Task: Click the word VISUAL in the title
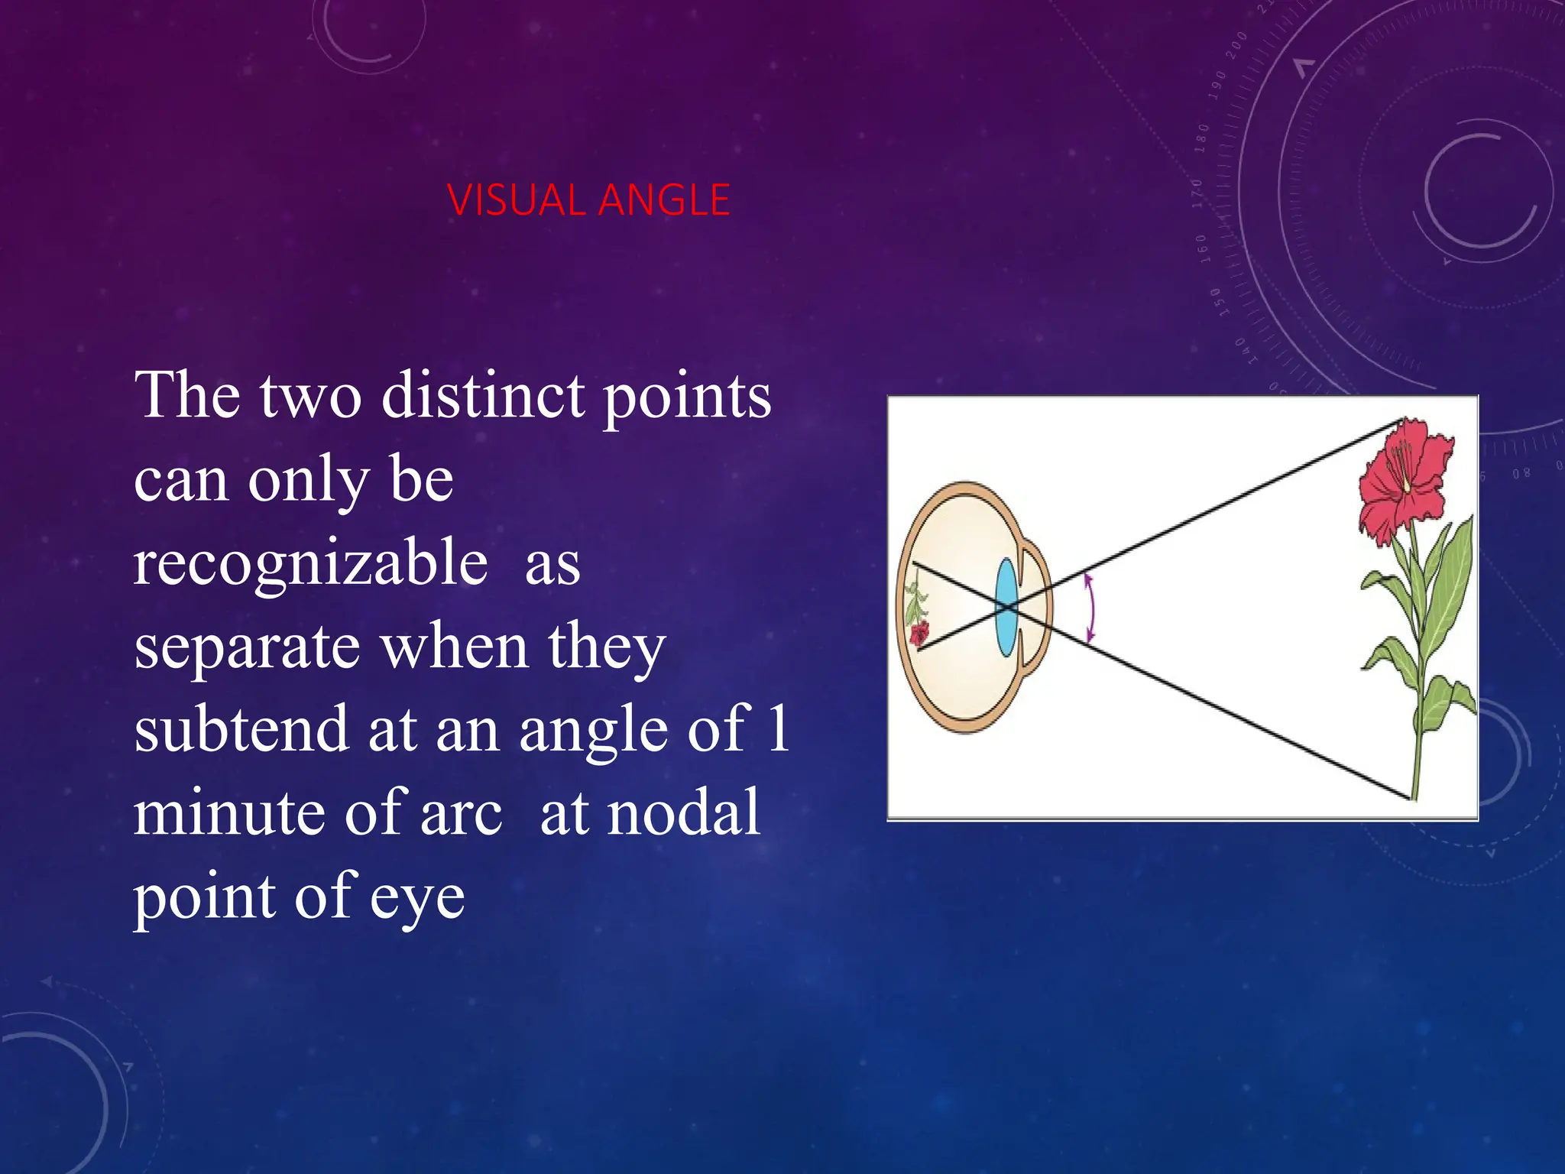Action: [x=516, y=200]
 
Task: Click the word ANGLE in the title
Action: [x=664, y=200]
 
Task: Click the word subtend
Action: [x=241, y=728]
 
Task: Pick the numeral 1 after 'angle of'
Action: [x=779, y=728]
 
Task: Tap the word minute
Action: [x=229, y=812]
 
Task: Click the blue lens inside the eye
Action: [x=1006, y=608]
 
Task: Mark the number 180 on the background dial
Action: [x=1202, y=138]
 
